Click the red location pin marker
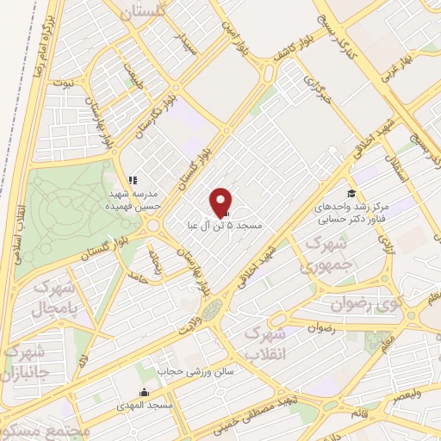[x=222, y=202]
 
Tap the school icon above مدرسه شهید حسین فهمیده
[x=133, y=181]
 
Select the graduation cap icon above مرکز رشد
[x=351, y=194]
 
